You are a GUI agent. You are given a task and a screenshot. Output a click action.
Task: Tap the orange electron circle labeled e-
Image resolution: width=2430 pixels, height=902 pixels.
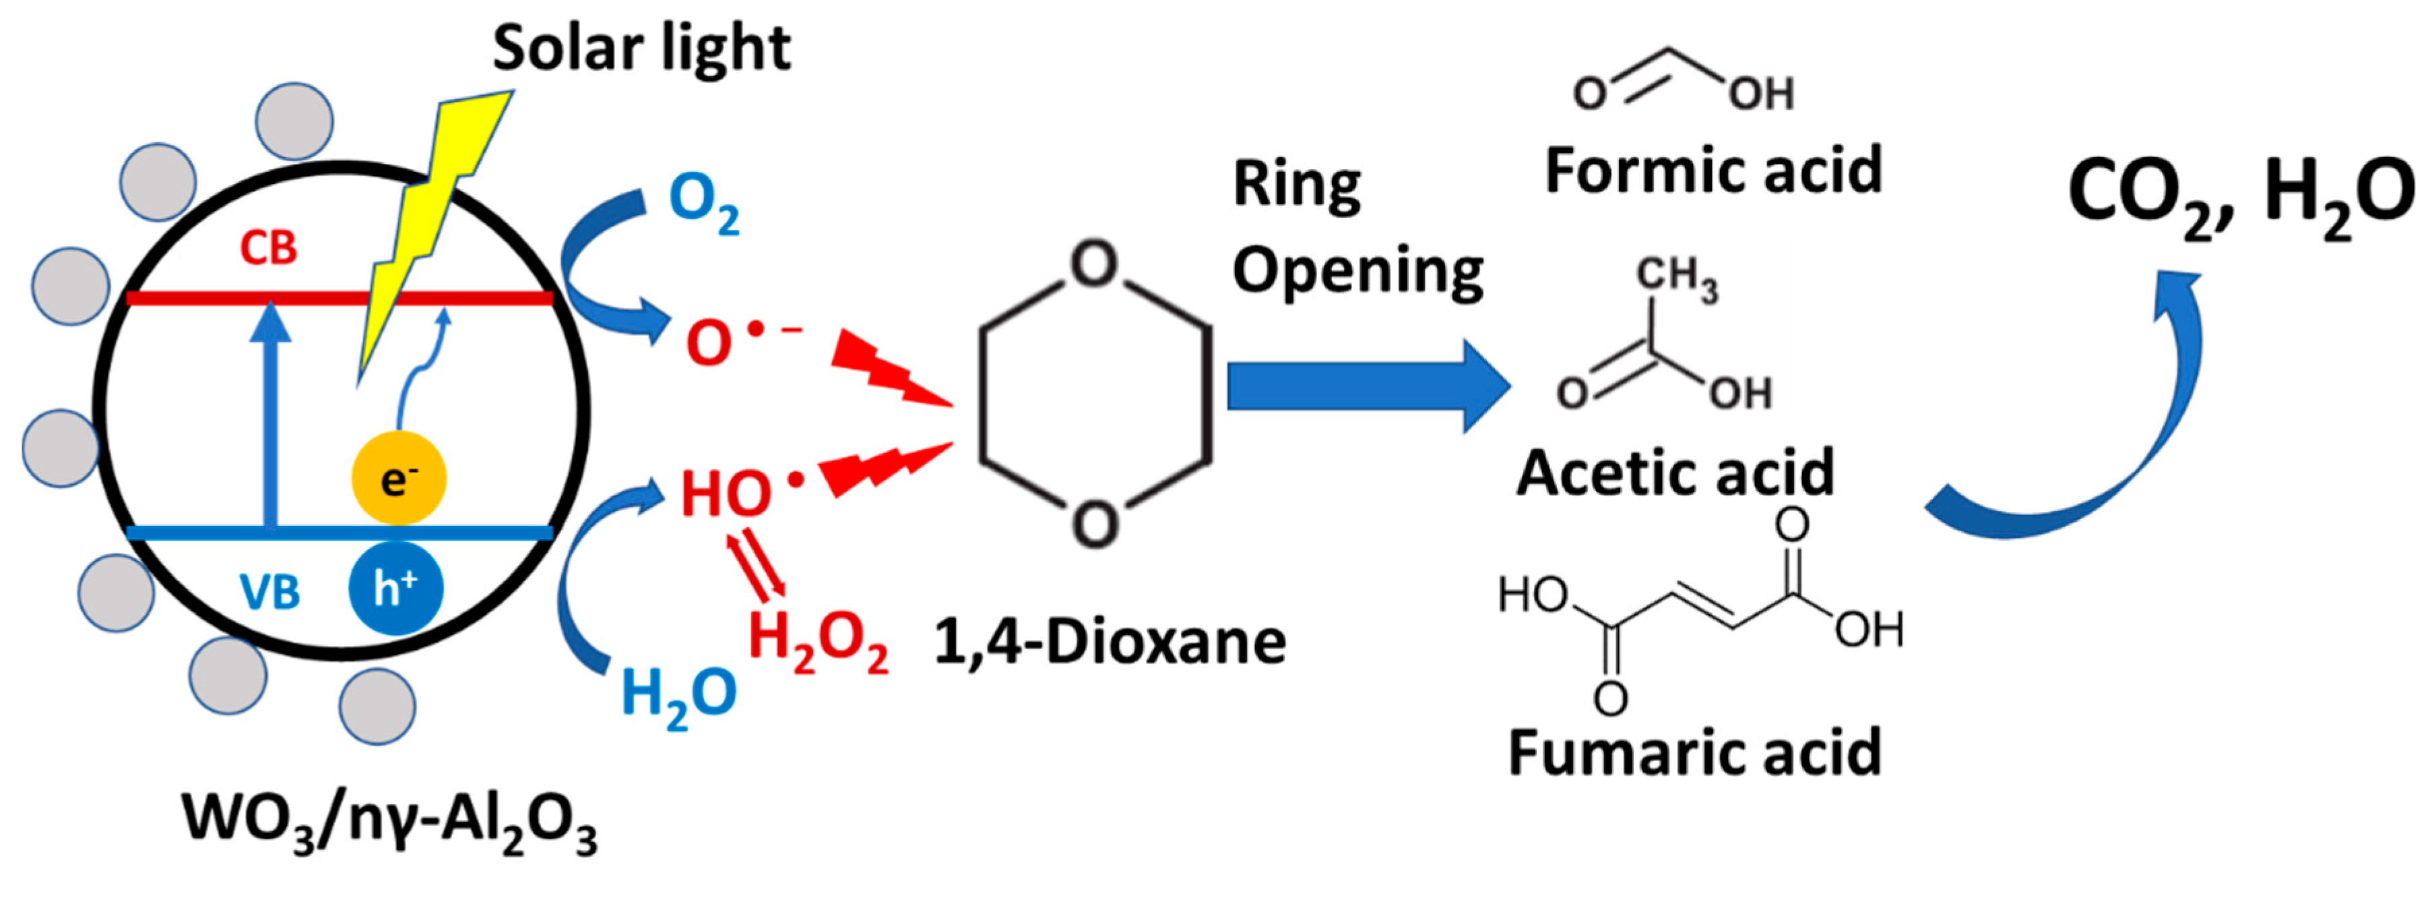pos(398,479)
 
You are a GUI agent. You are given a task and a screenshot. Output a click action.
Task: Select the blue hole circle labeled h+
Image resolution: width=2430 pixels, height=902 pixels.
pos(395,589)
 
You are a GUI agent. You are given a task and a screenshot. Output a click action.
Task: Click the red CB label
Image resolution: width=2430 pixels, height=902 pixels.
pos(268,248)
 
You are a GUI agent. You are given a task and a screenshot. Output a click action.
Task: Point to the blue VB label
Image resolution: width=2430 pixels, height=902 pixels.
pos(269,593)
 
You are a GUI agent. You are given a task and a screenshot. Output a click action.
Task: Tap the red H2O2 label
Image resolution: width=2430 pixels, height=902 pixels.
pos(818,642)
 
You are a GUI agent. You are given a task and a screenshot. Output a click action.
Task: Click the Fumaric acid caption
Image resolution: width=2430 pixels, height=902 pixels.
pos(1694,753)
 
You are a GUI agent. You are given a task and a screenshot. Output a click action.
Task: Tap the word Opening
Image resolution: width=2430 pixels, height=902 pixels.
pos(1357,272)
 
